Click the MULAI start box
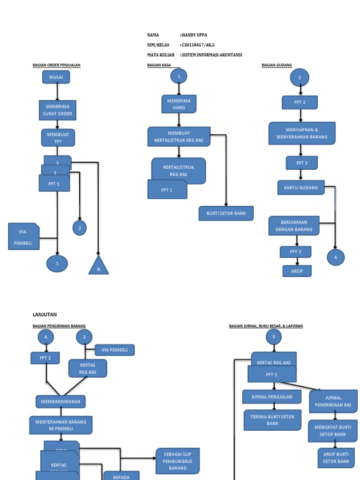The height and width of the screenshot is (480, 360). pos(56,77)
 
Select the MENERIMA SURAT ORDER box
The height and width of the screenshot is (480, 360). pos(57,110)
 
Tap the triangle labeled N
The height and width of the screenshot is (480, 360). pos(98,266)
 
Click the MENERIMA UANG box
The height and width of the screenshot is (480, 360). pos(179,104)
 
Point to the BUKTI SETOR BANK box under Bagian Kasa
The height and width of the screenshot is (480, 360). pos(226,213)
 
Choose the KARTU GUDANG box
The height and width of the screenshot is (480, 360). pos(300,187)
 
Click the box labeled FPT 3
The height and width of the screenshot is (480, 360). pos(295,252)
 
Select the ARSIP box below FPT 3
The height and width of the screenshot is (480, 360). pos(297,271)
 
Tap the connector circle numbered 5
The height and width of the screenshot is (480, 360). pos(273,337)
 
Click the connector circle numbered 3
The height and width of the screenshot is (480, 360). pos(84,337)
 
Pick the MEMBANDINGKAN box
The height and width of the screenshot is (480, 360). pos(60,402)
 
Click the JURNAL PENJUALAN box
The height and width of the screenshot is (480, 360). pos(271,397)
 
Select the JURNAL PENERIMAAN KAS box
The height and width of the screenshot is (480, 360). pos(333,401)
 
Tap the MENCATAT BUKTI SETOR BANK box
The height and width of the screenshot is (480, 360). pos(333,431)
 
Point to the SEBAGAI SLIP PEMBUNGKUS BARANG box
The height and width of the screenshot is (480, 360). pos(178,461)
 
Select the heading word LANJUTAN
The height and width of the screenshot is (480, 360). pos(45,315)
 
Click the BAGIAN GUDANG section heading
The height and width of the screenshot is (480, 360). pos(277,65)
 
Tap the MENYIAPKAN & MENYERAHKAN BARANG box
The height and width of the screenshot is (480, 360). pos(302,133)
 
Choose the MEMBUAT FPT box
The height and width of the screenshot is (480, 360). pos(58,138)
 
